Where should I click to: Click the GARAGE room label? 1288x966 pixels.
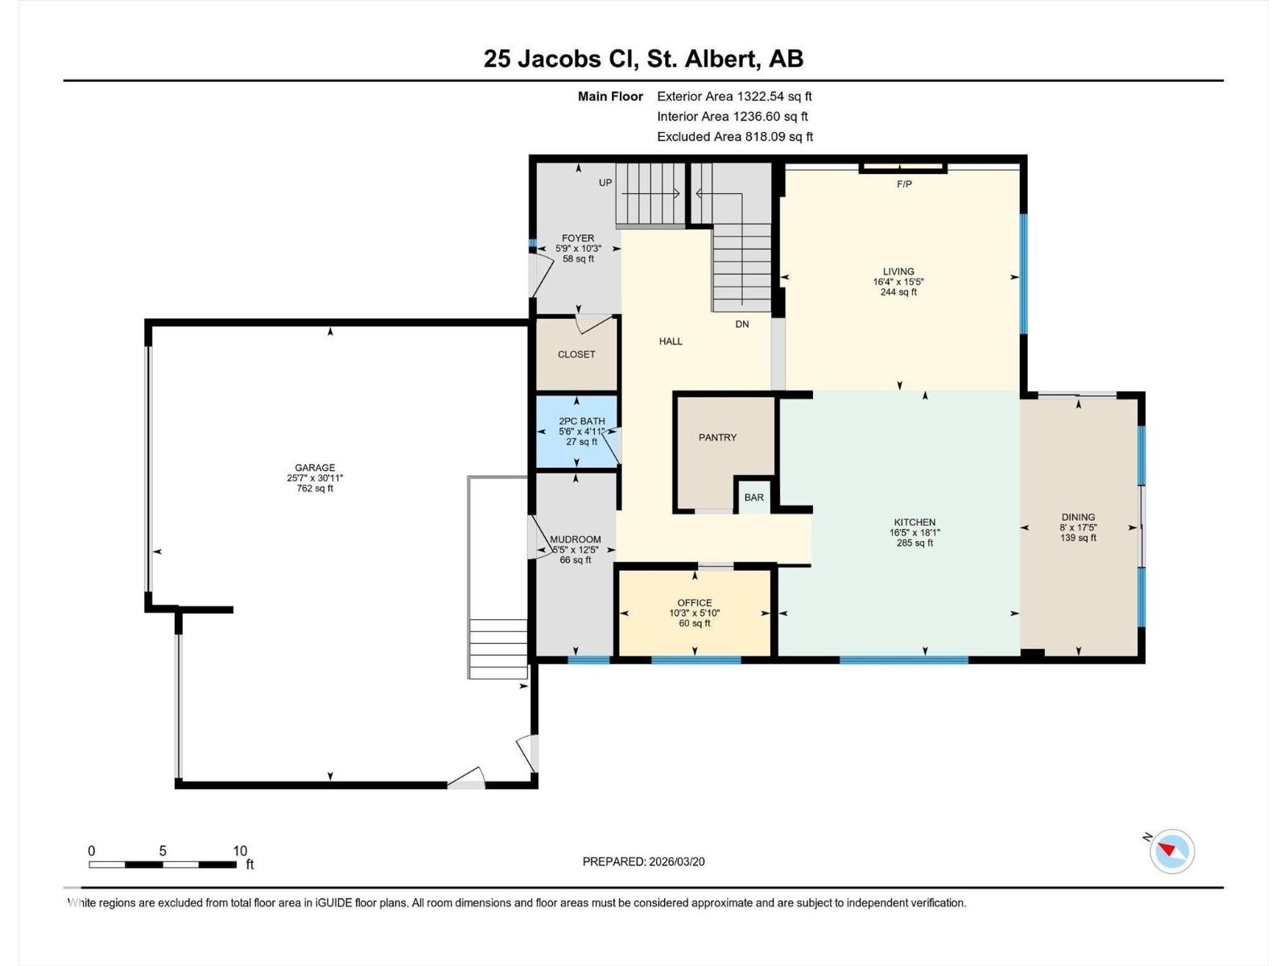315,468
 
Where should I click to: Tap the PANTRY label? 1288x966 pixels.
717,437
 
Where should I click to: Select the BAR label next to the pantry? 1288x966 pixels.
754,497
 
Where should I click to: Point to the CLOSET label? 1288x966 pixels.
576,354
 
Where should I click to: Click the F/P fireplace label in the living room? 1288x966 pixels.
904,184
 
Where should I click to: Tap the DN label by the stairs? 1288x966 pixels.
741,324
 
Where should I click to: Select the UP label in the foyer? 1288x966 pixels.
605,183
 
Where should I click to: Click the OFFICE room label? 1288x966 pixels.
694,603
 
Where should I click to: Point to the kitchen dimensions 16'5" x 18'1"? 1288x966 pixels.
914,533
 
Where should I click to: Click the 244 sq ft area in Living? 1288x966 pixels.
898,292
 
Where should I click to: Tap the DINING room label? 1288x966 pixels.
1078,518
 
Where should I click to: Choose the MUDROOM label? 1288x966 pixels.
576,539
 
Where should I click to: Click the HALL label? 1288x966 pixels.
671,341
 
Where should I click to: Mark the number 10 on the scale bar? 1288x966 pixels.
240,851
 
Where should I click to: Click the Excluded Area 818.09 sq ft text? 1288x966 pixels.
734,137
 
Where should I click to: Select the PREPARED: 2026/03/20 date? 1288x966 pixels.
643,861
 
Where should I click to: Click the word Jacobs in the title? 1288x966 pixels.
559,59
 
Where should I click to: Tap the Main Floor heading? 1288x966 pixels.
610,97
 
